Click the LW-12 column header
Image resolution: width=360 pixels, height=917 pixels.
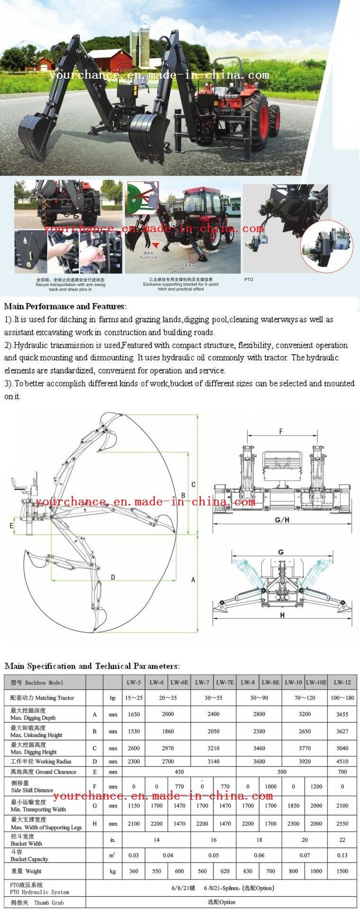pos(342,682)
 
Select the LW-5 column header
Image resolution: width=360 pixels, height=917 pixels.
pos(134,682)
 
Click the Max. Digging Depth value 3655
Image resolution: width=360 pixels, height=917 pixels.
pos(342,714)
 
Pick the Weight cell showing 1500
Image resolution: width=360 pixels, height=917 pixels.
pos(342,871)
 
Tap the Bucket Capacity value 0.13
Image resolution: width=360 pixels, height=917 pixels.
pos(342,855)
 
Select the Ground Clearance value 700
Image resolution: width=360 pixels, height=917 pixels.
pos(342,772)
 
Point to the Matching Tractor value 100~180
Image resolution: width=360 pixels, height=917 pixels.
pos(342,698)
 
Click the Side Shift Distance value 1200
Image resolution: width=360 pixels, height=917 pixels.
pos(316,786)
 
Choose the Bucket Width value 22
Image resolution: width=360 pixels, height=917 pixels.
pos(342,839)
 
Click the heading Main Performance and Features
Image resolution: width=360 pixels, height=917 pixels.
pos(65,306)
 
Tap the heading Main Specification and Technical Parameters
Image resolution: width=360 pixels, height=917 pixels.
pos(92,666)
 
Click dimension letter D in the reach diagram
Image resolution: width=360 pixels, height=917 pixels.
pos(113,577)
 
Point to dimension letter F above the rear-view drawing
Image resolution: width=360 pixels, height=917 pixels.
pos(281,432)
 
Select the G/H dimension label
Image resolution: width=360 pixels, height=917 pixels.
pos(282,520)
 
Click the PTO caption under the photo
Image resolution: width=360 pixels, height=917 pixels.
pos(249,279)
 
